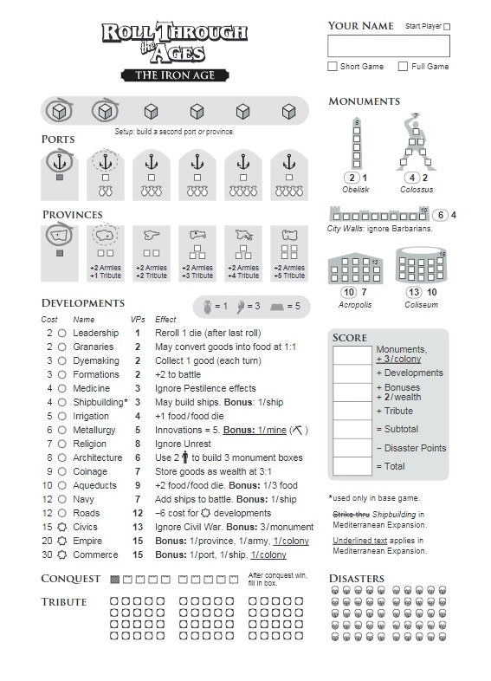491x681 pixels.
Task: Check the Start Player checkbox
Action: coord(447,27)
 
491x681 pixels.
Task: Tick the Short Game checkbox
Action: coord(333,67)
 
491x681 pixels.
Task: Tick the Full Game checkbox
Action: coord(403,67)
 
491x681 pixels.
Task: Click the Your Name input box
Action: coord(389,46)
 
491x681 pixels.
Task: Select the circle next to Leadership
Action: coord(62,333)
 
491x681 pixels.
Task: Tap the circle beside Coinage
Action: coord(62,471)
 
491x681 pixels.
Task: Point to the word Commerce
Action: coord(94,555)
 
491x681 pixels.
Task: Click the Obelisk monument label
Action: coord(356,190)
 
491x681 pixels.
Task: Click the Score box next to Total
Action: coord(352,466)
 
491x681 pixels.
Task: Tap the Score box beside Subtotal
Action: coord(352,429)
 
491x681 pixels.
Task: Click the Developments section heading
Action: coord(83,303)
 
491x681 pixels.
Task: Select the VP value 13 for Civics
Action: coord(138,527)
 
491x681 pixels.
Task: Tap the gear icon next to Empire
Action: coord(62,541)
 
